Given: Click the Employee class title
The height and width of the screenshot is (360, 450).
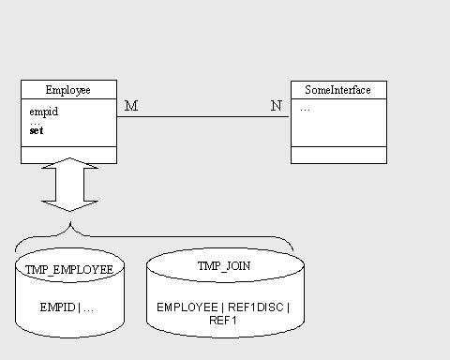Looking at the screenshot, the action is click(x=68, y=90).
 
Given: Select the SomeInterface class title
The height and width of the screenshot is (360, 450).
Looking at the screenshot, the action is click(x=337, y=90).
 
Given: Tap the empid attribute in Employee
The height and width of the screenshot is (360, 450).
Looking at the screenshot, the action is click(x=44, y=112).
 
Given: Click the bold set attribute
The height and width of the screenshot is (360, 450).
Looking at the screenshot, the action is click(x=37, y=130).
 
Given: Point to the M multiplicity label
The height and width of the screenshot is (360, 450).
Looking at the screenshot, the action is click(x=131, y=106).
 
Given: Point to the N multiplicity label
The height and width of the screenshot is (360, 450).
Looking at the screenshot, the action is click(x=277, y=106).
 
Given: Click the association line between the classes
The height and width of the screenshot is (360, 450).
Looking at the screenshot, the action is click(x=203, y=117).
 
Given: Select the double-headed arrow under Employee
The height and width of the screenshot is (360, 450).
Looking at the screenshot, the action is click(x=69, y=185).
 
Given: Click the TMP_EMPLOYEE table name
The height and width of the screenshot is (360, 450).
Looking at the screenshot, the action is click(x=69, y=270).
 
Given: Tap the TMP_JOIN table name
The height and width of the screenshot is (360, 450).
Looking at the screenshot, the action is click(x=224, y=266).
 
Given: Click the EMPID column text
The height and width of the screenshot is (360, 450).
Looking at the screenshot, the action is click(x=58, y=307).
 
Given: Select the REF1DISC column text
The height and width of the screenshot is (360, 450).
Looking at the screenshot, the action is click(x=256, y=307).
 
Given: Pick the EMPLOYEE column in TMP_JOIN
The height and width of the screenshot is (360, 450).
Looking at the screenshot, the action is click(x=187, y=307).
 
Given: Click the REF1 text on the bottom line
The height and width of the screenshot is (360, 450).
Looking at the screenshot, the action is click(x=223, y=321).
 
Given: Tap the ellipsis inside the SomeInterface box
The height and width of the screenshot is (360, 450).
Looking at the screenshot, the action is click(x=305, y=110).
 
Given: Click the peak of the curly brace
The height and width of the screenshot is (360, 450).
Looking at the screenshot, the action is click(x=70, y=222).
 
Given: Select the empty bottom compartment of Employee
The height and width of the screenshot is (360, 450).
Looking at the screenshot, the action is click(x=68, y=155).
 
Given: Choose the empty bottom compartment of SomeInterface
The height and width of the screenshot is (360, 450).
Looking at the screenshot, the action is click(x=338, y=155).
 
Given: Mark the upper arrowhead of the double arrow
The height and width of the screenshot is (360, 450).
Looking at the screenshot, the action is click(x=69, y=163).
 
